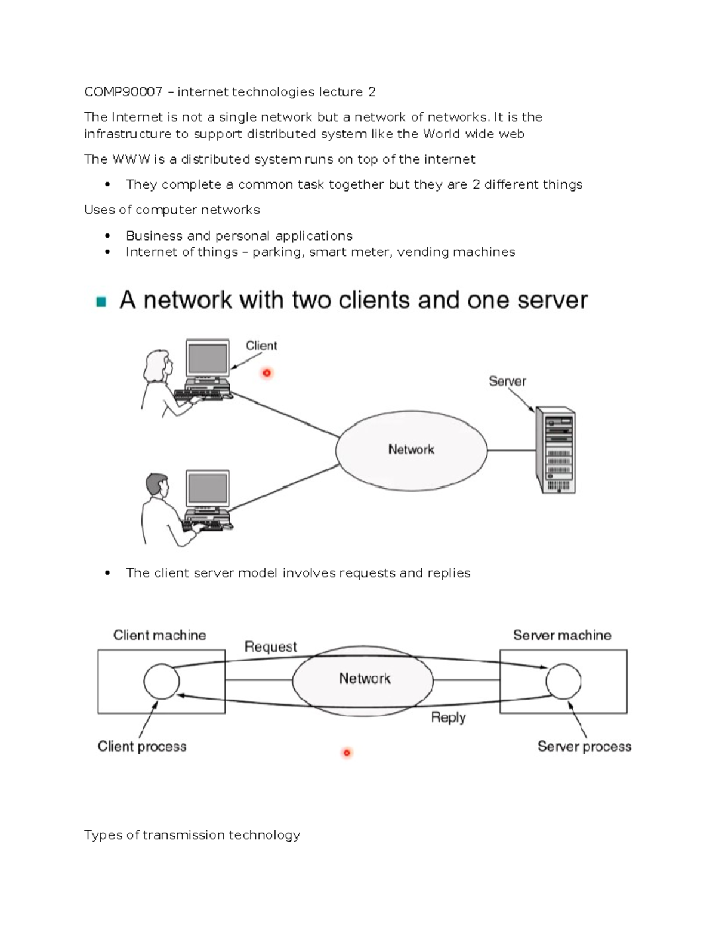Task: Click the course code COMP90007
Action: coord(123,92)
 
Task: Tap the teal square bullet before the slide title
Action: coord(101,301)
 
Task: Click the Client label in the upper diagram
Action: coord(261,346)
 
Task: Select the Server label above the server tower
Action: coord(507,381)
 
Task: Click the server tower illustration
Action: coord(555,450)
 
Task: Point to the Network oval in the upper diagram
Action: coord(411,450)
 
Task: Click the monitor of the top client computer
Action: coord(207,359)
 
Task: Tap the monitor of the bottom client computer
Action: coord(207,489)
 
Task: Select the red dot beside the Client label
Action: coord(267,373)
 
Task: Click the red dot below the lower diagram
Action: coord(347,753)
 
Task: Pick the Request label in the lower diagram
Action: coord(270,647)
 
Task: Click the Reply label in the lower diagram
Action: coord(448,717)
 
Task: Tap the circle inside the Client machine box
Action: coord(161,681)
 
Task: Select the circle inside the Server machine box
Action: coord(563,681)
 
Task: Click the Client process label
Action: coord(142,747)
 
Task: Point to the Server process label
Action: coord(584,747)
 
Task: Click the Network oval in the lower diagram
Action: coord(364,679)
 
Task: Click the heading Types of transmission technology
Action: coord(192,835)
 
